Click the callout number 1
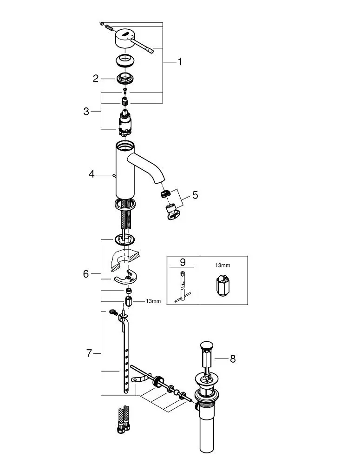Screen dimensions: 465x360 coord(180,62)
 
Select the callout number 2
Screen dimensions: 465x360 coord(96,79)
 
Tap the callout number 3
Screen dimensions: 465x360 coord(86,112)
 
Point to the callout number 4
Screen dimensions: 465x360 coord(92,174)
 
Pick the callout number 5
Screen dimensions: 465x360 coord(195,195)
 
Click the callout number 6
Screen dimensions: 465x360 coord(86,274)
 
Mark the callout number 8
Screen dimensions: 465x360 coord(233,359)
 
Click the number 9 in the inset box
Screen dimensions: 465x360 coord(183,262)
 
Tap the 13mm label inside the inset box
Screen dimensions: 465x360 coord(223,266)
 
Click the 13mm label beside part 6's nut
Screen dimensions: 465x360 coord(153,301)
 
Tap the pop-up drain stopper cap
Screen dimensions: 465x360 coord(205,345)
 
